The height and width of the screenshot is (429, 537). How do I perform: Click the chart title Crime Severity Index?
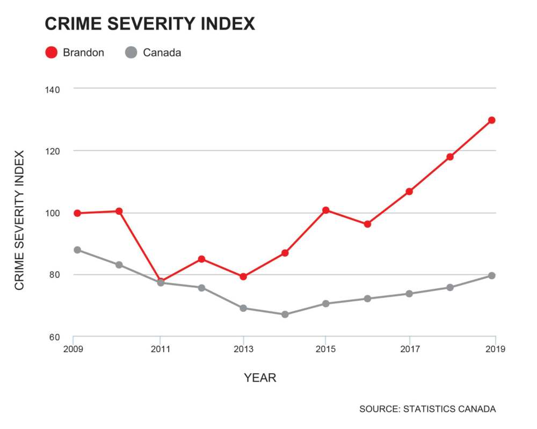pos(149,24)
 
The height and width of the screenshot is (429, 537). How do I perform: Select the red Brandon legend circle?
pos(51,53)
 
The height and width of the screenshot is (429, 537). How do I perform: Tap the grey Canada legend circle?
pos(131,53)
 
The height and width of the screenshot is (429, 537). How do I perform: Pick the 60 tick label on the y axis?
pos(54,338)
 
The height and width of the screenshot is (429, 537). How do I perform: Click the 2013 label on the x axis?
pos(243,349)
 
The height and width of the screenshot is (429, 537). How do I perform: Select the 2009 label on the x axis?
pos(72,349)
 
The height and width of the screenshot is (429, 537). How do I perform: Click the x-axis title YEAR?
pos(260,378)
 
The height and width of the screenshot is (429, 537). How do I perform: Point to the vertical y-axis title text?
pos(20,221)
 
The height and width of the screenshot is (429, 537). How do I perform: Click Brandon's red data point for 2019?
pos(491,120)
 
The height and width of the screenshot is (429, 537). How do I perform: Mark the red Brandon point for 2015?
pos(325,210)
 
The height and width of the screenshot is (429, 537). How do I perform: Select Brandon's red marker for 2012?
pos(201,259)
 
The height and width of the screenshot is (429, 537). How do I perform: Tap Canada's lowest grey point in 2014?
pos(285,314)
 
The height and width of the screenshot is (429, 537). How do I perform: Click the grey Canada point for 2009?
pos(77,250)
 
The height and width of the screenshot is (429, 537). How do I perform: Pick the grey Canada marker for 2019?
pos(491,275)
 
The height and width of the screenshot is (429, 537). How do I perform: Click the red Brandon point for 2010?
pos(119,211)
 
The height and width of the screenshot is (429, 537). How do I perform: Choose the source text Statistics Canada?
pos(427,409)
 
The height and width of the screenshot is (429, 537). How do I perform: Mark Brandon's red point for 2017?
pos(409,191)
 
